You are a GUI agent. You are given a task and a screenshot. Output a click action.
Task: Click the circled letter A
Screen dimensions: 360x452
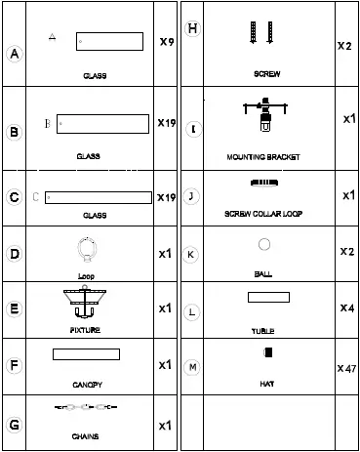(x=14, y=56)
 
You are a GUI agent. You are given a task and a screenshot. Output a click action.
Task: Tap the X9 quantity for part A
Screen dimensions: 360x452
(x=166, y=43)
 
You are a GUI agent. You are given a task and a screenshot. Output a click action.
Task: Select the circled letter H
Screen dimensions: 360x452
(x=192, y=28)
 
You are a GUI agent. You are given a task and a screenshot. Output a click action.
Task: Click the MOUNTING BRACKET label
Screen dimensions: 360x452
(x=262, y=156)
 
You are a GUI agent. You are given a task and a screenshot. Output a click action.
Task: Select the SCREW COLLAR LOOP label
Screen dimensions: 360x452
(x=262, y=213)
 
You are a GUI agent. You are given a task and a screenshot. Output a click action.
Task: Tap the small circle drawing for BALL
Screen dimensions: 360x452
(x=263, y=244)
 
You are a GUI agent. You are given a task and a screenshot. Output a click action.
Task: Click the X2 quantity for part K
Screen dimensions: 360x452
(x=345, y=251)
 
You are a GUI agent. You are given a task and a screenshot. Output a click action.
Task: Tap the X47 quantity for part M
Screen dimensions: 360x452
(x=345, y=369)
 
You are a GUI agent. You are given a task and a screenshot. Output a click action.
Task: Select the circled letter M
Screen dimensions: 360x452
(x=192, y=367)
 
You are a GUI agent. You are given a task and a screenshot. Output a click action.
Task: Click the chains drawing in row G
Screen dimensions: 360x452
(x=86, y=408)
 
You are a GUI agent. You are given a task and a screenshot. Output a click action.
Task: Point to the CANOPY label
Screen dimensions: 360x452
(x=87, y=385)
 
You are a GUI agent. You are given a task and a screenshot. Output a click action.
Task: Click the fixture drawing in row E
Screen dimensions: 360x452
(x=86, y=304)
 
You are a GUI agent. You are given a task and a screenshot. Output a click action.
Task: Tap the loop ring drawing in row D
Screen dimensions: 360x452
(x=86, y=251)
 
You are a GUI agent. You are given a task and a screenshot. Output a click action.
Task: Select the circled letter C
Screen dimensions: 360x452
(x=14, y=197)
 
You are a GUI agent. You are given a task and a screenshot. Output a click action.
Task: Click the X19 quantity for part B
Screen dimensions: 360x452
(x=166, y=124)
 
